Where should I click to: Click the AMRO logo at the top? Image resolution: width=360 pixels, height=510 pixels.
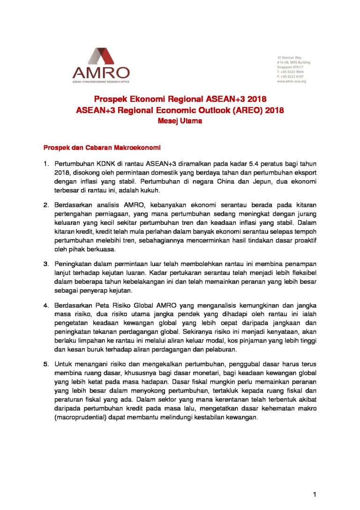tap(101, 65)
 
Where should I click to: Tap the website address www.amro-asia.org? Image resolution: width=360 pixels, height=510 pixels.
tap(291, 81)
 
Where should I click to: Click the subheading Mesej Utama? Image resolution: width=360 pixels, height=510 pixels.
tap(180, 121)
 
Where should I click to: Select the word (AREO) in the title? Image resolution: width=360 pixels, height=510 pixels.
tap(251, 111)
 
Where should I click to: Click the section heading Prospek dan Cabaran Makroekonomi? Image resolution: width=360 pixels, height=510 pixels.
tap(102, 148)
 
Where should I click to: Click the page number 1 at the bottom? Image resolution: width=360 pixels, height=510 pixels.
tap(315, 494)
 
